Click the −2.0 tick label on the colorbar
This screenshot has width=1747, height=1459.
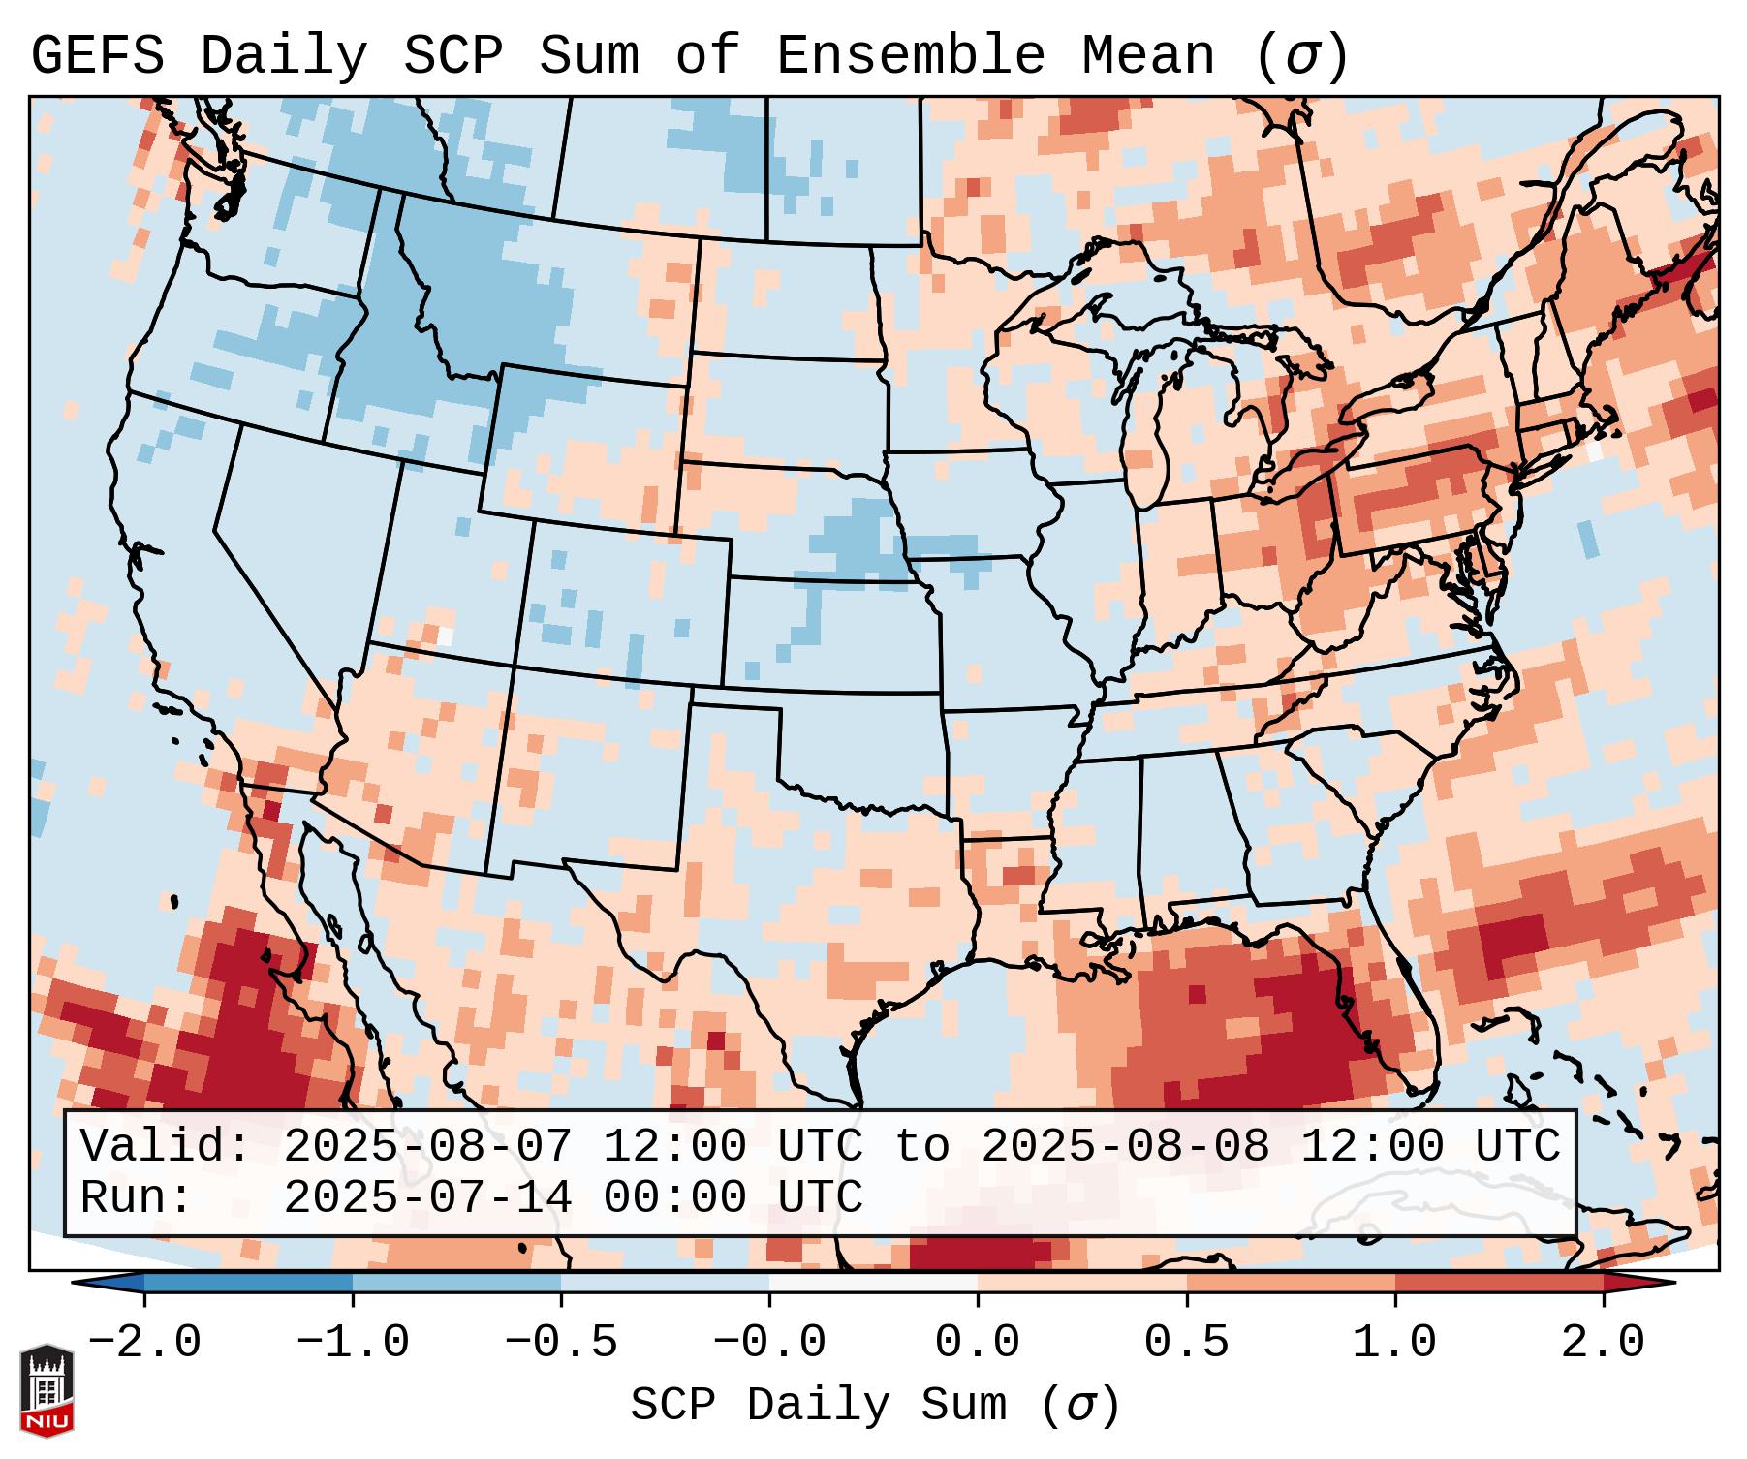144,1343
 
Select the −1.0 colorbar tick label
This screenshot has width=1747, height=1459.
353,1343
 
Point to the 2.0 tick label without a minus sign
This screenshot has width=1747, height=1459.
1604,1343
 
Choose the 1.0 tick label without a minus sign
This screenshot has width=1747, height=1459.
1395,1343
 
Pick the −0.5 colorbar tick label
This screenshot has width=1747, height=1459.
561,1343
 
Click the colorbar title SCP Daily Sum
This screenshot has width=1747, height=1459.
818,1406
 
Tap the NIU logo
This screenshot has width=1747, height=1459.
47,1390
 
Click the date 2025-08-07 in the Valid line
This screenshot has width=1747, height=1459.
428,1146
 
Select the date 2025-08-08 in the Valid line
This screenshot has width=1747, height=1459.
1126,1146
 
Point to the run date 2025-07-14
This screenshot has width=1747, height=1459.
428,1197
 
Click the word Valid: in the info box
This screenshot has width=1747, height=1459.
166,1146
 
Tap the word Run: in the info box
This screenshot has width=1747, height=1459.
137,1197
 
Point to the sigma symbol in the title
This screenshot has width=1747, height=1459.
1300,57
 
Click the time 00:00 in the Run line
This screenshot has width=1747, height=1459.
675,1197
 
